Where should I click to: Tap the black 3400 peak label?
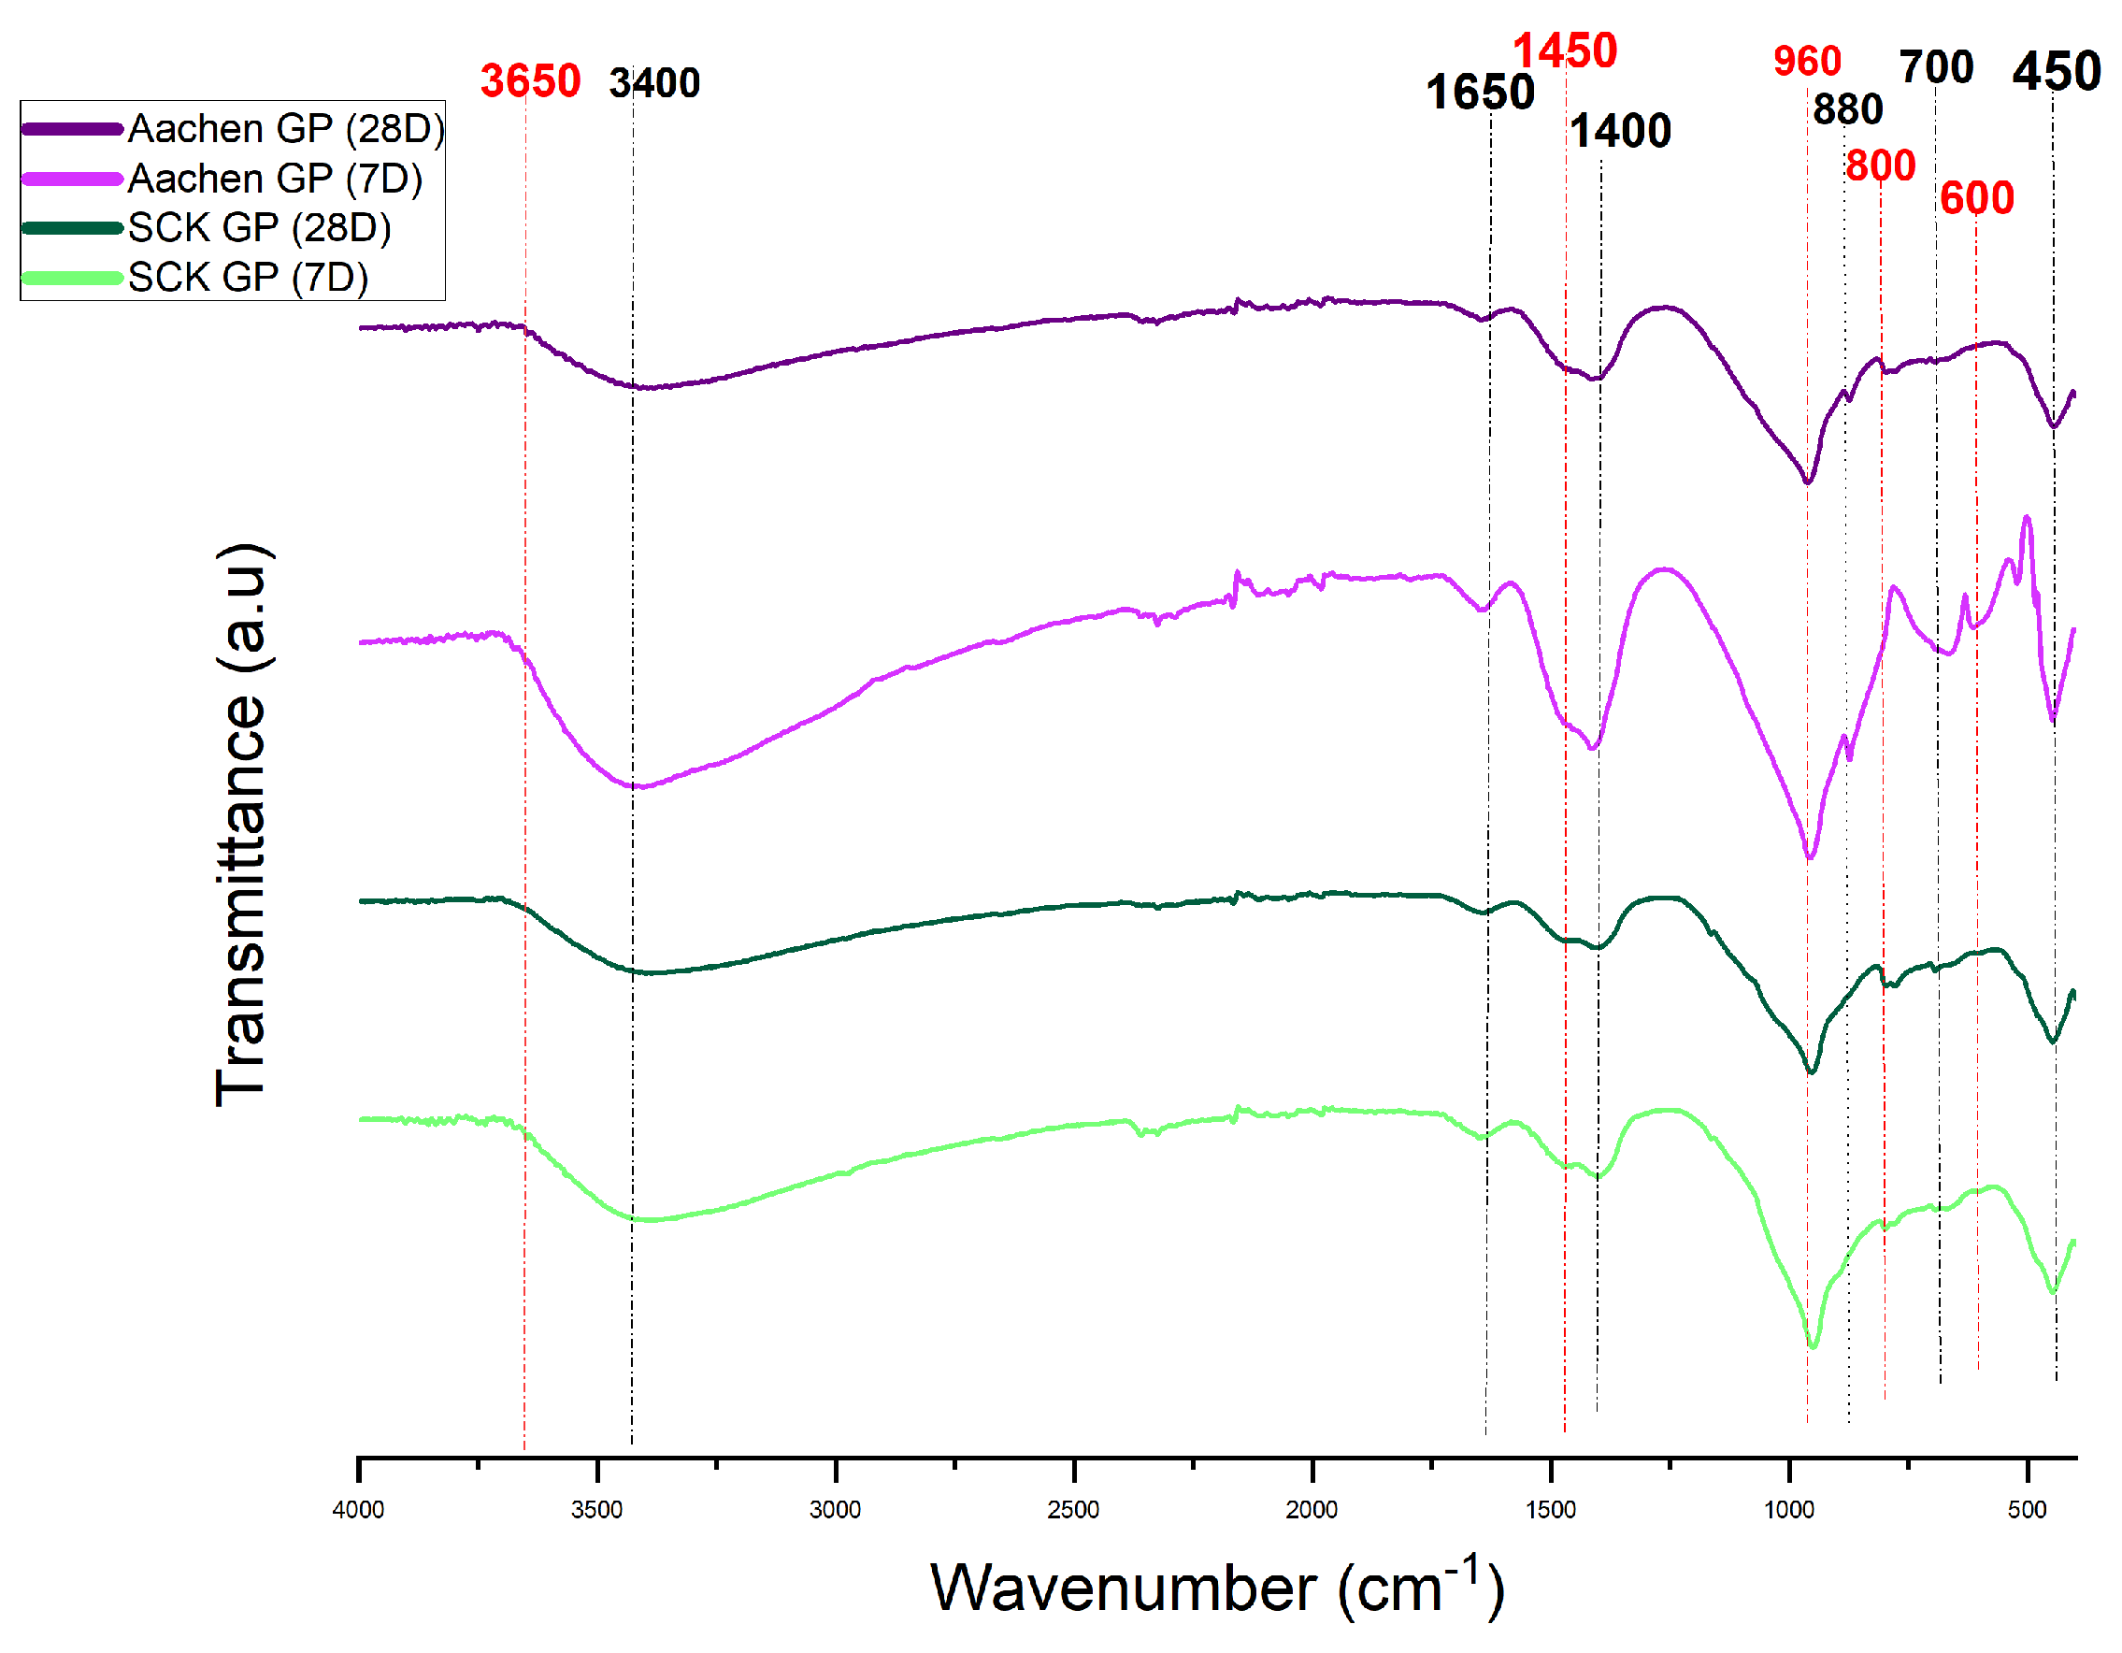(x=654, y=83)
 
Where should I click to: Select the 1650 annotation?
(x=1479, y=93)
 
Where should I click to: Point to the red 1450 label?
(x=1563, y=50)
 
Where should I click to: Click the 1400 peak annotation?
(x=1620, y=131)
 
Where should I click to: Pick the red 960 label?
(x=1806, y=61)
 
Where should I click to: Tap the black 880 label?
(x=1847, y=108)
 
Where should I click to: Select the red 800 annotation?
(x=1879, y=166)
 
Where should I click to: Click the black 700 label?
(x=1935, y=68)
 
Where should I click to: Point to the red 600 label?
(x=1976, y=199)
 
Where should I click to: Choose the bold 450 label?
(x=2055, y=72)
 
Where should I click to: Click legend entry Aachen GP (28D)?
(x=286, y=128)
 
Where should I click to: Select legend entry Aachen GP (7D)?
(x=275, y=179)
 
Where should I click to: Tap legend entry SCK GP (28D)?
(x=260, y=228)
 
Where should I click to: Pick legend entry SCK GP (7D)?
(x=248, y=278)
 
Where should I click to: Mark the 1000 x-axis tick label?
(x=1787, y=1509)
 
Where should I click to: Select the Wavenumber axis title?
(x=1215, y=1588)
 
